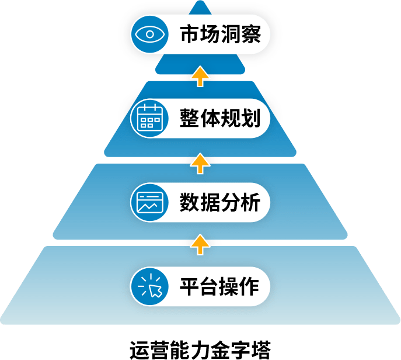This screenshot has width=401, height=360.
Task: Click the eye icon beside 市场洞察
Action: pyautogui.click(x=149, y=33)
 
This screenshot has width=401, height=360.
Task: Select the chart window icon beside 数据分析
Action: pyautogui.click(x=149, y=202)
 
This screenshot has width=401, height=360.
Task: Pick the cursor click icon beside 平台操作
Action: pyautogui.click(x=149, y=286)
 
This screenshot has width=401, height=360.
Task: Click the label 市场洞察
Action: pyautogui.click(x=217, y=34)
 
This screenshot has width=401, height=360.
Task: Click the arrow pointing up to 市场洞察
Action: pyautogui.click(x=200, y=76)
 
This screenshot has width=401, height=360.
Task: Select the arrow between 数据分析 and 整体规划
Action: pyautogui.click(x=200, y=162)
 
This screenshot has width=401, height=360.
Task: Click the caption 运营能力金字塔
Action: pyautogui.click(x=200, y=348)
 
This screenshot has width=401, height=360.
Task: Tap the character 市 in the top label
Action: pyautogui.click(x=189, y=34)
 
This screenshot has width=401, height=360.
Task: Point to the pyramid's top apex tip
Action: pyautogui.click(x=200, y=2)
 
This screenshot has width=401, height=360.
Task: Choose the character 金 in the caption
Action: pyautogui.click(x=221, y=348)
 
